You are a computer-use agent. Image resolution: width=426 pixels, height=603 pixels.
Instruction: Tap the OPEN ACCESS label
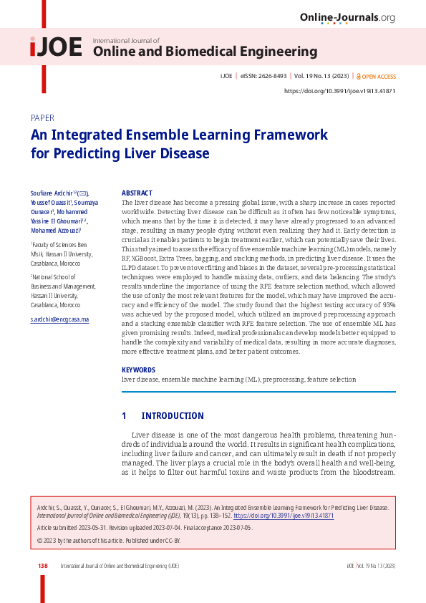pyautogui.click(x=379, y=75)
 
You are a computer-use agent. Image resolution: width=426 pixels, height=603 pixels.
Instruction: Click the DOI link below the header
pyautogui.click(x=339, y=91)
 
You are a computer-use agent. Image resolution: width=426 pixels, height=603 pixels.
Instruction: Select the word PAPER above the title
pyautogui.click(x=42, y=117)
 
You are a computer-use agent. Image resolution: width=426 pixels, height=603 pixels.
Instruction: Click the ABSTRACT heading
pyautogui.click(x=137, y=193)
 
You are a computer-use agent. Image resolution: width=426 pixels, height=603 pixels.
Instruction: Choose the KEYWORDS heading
pyautogui.click(x=138, y=370)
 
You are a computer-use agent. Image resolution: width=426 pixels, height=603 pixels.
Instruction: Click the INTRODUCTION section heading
pyautogui.click(x=173, y=415)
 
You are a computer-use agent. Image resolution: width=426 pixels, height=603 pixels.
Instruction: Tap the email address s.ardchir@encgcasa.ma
pyautogui.click(x=60, y=319)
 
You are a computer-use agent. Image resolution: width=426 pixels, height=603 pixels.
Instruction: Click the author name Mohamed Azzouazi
pyautogui.click(x=55, y=231)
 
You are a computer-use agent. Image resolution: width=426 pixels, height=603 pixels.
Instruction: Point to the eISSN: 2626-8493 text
pyautogui.click(x=262, y=75)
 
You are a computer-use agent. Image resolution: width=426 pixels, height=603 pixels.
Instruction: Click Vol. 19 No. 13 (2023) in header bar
pyautogui.click(x=321, y=75)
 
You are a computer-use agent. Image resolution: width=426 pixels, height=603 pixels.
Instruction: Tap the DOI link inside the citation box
pyautogui.click(x=284, y=516)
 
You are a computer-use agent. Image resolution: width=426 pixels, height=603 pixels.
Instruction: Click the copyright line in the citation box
pyautogui.click(x=108, y=539)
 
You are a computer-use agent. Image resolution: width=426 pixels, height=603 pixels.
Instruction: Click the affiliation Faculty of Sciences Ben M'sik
pyautogui.click(x=61, y=249)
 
